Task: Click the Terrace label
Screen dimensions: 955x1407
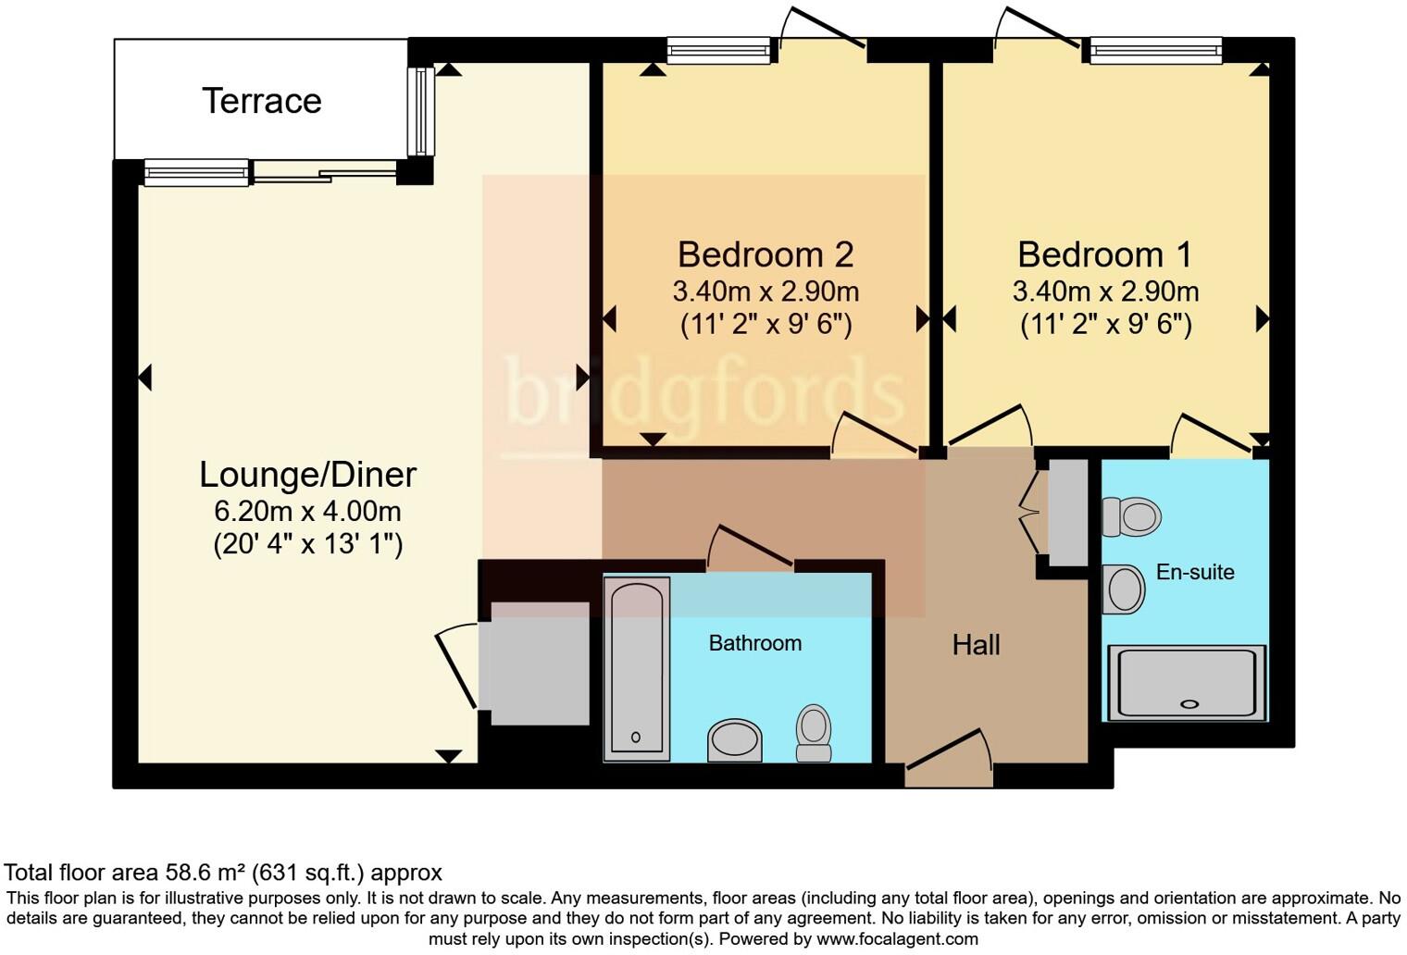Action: pos(261,101)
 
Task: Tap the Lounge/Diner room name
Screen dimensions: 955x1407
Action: pos(307,475)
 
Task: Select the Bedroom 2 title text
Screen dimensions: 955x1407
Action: pos(765,254)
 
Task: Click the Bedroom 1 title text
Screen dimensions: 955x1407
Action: pos(1104,254)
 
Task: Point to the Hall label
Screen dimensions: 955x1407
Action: pos(976,645)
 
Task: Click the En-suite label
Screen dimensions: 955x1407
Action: pos(1194,572)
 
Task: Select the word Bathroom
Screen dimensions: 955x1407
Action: pos(754,643)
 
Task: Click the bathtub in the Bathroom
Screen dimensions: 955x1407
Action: pos(636,666)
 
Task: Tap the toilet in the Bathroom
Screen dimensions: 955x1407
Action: pos(814,732)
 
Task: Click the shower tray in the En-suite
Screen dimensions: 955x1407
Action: pos(1189,683)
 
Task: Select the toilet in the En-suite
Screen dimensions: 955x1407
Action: pos(1132,516)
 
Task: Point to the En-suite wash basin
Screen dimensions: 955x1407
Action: pos(1125,589)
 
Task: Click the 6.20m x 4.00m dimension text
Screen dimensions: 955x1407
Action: pos(307,511)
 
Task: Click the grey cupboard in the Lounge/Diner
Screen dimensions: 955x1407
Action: pos(540,663)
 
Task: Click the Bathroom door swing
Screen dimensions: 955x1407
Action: pos(750,548)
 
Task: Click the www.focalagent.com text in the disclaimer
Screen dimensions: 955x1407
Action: pos(895,938)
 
